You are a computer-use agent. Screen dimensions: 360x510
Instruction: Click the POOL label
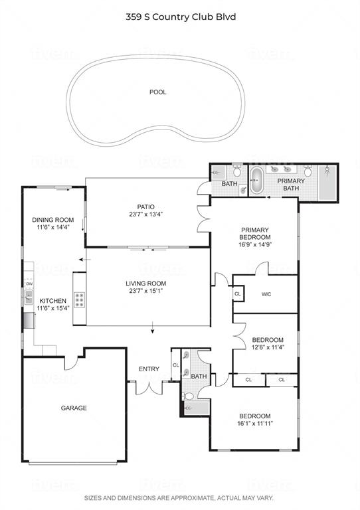pyautogui.click(x=157, y=92)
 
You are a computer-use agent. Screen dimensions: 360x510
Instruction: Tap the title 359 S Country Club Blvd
pyautogui.click(x=181, y=17)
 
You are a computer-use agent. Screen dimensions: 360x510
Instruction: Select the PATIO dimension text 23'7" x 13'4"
pyautogui.click(x=145, y=214)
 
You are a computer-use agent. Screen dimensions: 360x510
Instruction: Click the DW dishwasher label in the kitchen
pyautogui.click(x=30, y=284)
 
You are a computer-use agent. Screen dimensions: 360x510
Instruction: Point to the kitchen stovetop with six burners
pyautogui.click(x=80, y=300)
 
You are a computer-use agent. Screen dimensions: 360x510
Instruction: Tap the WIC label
pyautogui.click(x=266, y=294)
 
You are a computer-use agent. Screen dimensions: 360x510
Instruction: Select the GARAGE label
pyautogui.click(x=74, y=408)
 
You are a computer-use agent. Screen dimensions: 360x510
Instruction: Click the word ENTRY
pyautogui.click(x=149, y=369)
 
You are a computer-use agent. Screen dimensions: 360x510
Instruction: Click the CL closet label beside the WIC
pyautogui.click(x=238, y=294)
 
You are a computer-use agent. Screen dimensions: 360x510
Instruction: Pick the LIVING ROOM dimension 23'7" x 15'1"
pyautogui.click(x=145, y=291)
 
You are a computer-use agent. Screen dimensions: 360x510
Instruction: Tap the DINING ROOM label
pyautogui.click(x=53, y=220)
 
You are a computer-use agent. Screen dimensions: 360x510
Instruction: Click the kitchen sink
pyautogui.click(x=29, y=297)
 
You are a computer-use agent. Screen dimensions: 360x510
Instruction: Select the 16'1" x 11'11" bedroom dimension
pyautogui.click(x=255, y=424)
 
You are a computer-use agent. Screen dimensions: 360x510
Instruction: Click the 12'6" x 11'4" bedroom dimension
pyautogui.click(x=268, y=347)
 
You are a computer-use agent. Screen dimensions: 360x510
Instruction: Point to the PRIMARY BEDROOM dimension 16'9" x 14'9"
pyautogui.click(x=255, y=244)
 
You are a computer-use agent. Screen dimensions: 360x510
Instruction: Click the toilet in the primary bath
pyautogui.click(x=308, y=171)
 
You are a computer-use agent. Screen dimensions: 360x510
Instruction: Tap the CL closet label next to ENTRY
pyautogui.click(x=176, y=365)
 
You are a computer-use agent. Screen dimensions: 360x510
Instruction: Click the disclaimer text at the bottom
pyautogui.click(x=179, y=498)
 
